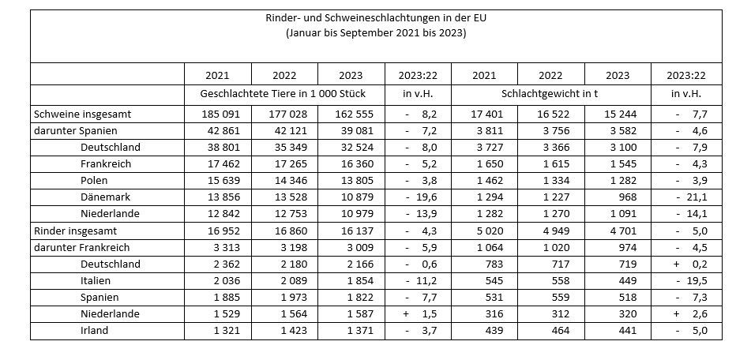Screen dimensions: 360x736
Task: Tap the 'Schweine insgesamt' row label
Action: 77,114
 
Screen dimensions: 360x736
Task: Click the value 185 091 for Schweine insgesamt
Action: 217,114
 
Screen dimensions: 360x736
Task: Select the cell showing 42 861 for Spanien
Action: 217,131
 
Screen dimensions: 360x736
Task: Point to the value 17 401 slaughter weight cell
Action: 484,114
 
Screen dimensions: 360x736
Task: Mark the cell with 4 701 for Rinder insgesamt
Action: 617,231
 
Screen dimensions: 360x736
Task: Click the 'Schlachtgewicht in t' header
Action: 551,94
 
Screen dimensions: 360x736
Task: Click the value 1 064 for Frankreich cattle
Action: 484,247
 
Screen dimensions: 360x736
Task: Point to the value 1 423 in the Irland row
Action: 284,330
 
